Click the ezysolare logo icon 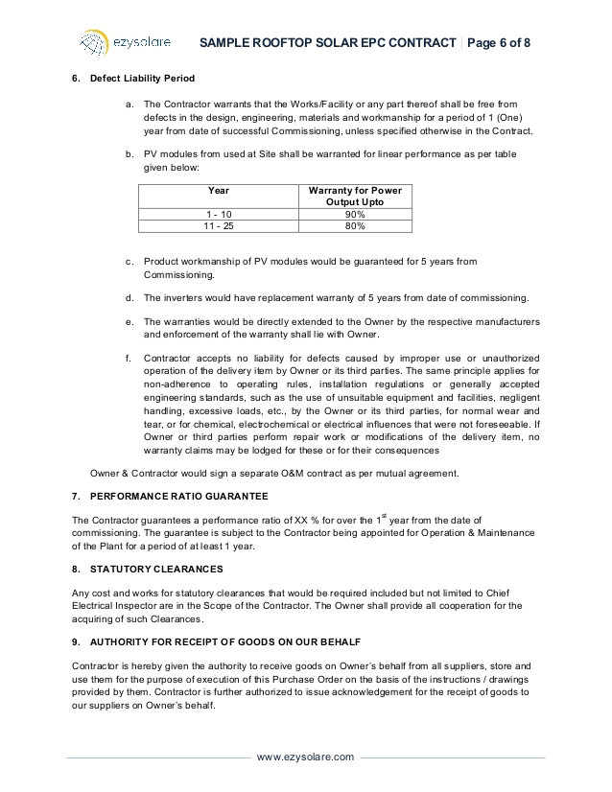[x=92, y=42]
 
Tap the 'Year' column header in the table [x=219, y=190]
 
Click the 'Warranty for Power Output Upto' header [x=355, y=197]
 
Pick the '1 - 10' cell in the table [x=219, y=214]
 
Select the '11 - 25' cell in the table [x=219, y=226]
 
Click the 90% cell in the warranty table [x=355, y=214]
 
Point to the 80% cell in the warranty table [x=355, y=226]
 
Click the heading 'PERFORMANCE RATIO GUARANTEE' [x=179, y=496]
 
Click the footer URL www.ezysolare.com [x=306, y=757]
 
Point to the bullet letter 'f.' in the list [x=129, y=357]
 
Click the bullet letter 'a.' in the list [x=129, y=104]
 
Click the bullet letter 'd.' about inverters [x=129, y=297]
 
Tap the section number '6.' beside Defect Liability [x=77, y=78]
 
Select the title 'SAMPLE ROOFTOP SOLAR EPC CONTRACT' [x=326, y=42]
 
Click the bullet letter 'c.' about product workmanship [x=129, y=261]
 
